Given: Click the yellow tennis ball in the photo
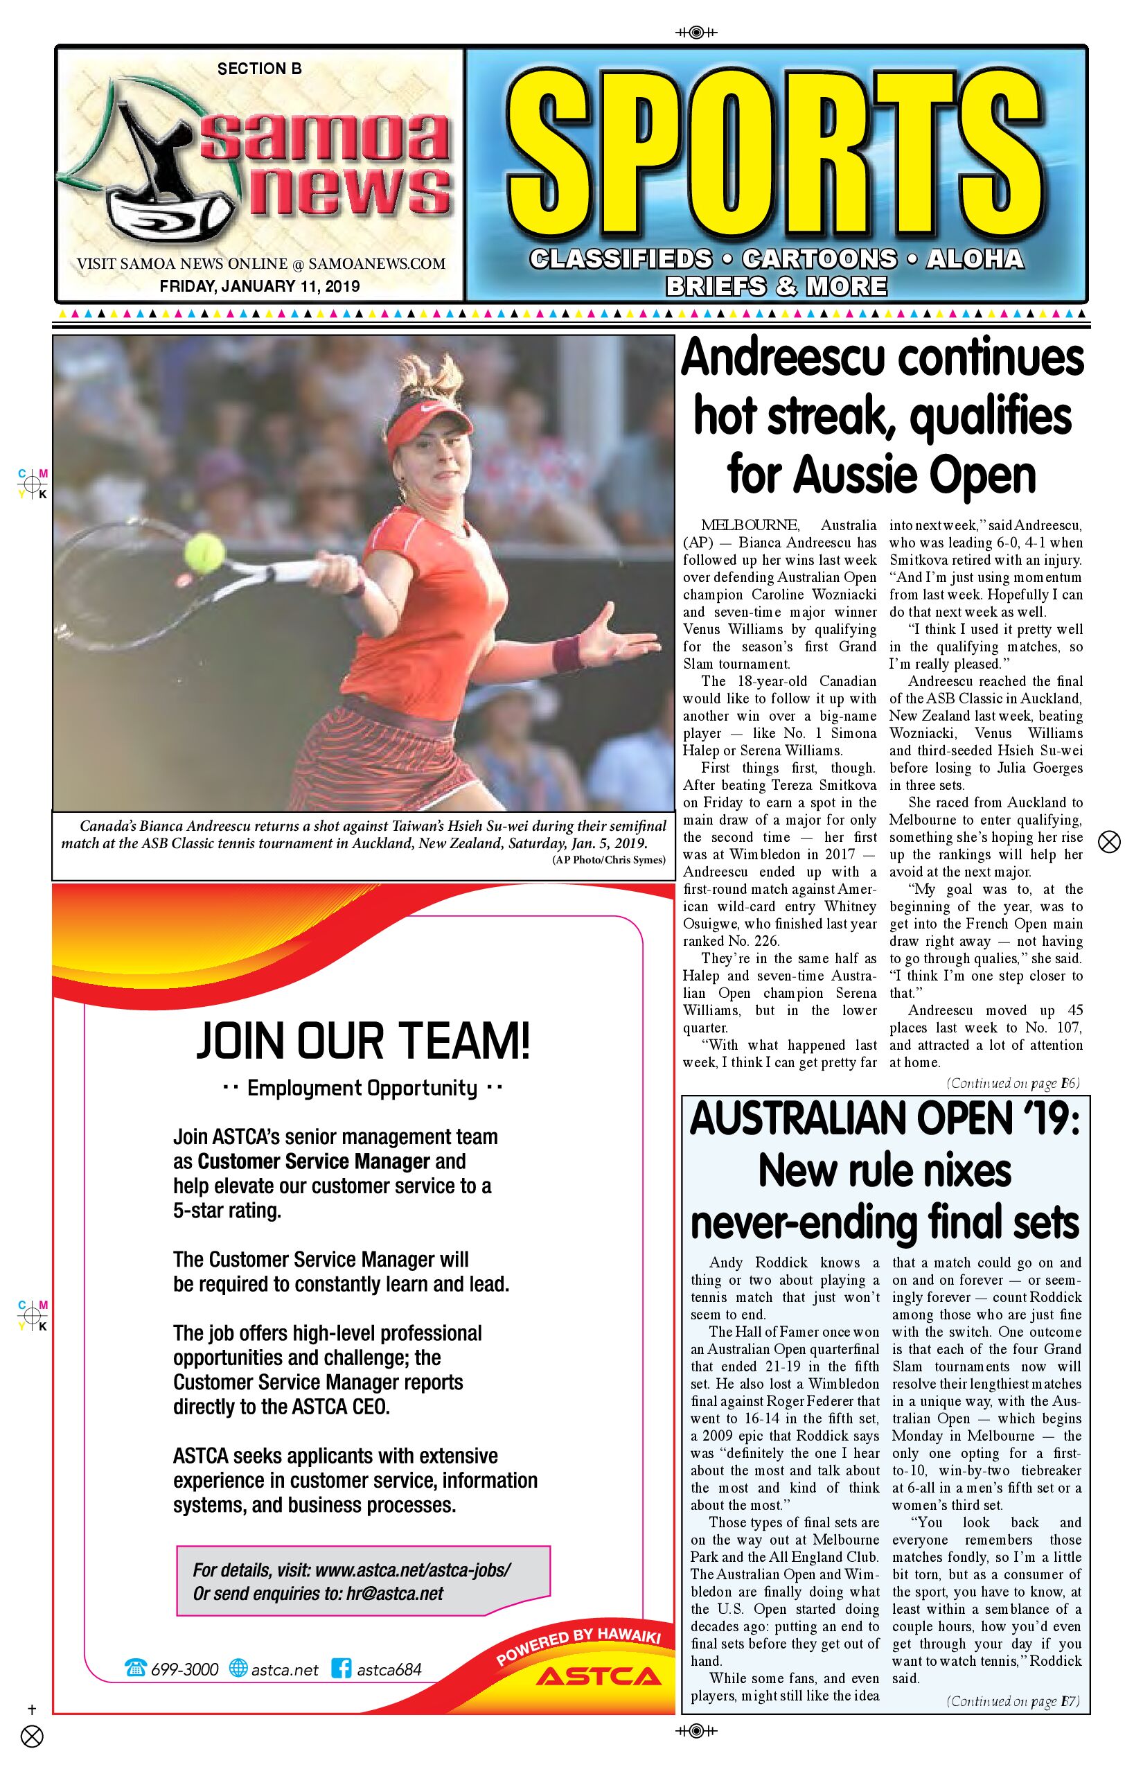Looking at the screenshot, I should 204,551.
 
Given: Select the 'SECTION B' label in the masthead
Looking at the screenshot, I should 259,69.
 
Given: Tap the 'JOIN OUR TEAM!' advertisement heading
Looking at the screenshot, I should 363,1041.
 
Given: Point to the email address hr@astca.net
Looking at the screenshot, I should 394,1594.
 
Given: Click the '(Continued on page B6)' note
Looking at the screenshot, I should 1012,1083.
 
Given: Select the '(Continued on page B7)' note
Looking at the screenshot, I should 1012,1702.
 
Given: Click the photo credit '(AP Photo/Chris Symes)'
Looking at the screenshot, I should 609,860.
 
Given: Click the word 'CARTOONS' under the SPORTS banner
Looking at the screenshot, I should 819,258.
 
